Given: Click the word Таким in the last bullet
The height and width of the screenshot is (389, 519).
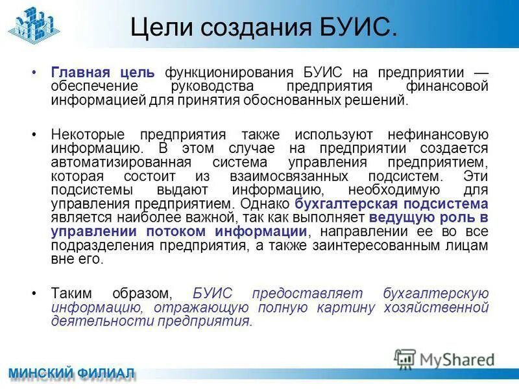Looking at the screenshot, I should pyautogui.click(x=70, y=293).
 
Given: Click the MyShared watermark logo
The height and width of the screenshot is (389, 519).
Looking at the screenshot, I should pyautogui.click(x=444, y=358).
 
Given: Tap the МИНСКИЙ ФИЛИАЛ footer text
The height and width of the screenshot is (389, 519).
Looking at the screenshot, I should pyautogui.click(x=71, y=373).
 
